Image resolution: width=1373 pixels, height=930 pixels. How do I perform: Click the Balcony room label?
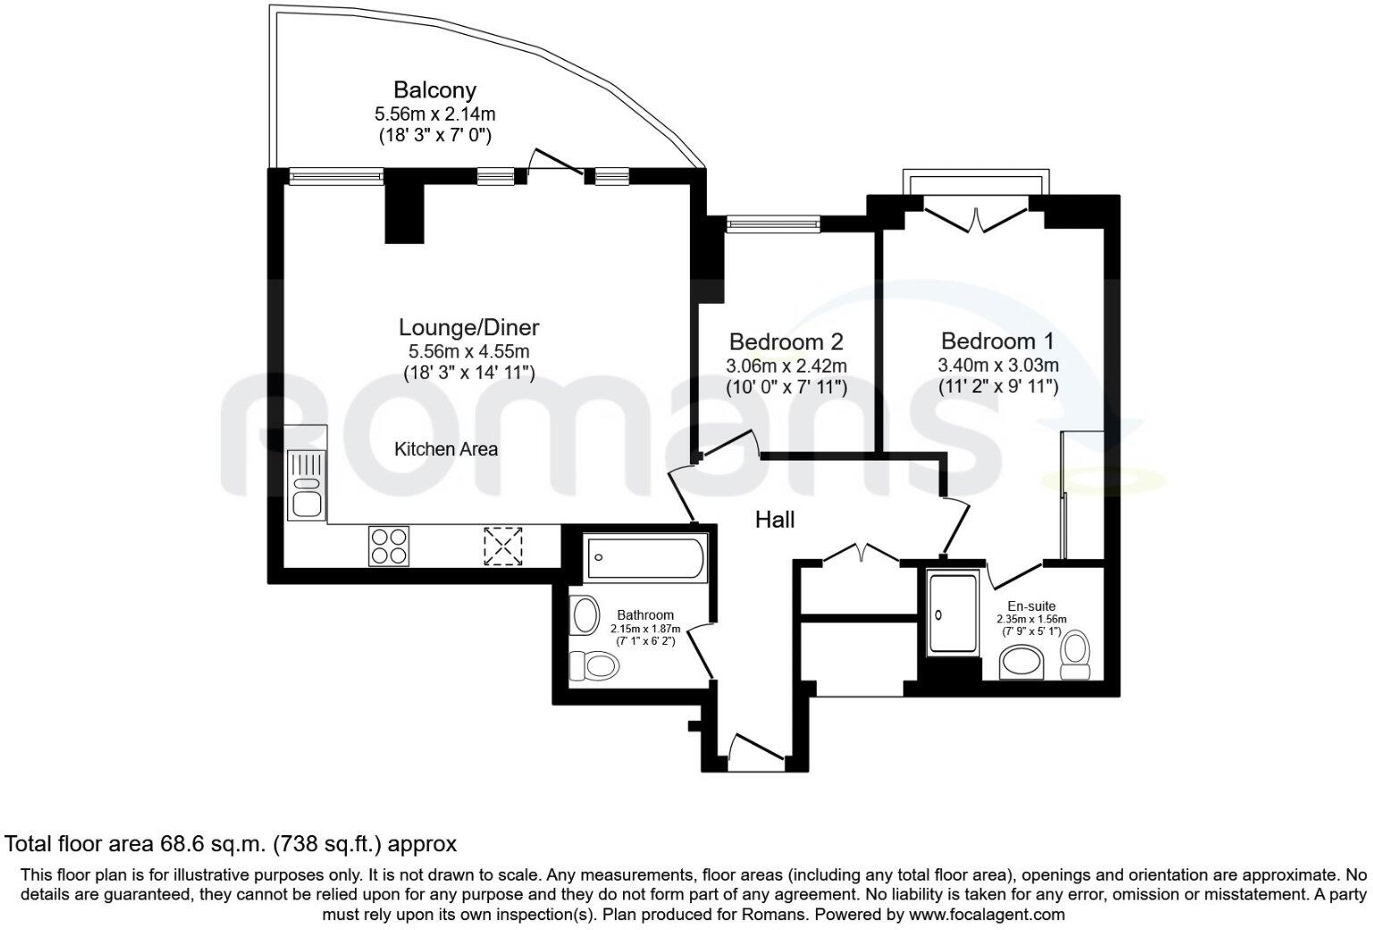[x=434, y=90]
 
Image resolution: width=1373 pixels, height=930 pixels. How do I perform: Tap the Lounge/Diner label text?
[x=468, y=327]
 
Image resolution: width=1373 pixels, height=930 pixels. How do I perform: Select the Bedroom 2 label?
[x=786, y=342]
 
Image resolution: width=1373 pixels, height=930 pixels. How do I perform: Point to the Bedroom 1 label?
[x=998, y=341]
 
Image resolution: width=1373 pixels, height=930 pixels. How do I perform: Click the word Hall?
[x=774, y=520]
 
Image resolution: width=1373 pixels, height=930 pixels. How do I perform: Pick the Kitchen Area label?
[x=445, y=449]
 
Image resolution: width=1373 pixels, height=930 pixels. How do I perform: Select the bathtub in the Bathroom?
[x=644, y=558]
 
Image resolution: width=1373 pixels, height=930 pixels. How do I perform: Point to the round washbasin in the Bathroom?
[x=585, y=615]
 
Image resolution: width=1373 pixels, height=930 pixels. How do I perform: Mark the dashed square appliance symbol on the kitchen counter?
[x=502, y=545]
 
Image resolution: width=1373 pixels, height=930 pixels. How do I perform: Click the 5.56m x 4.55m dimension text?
[x=468, y=351]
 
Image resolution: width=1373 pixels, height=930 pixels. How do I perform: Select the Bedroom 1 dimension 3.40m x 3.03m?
[x=998, y=365]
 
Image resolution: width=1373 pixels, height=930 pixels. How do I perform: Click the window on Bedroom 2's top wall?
[x=772, y=224]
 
